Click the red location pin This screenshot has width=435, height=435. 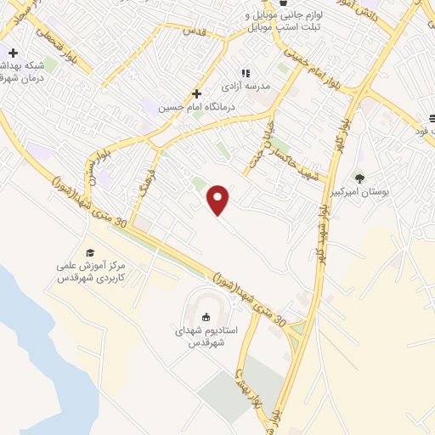[x=219, y=199]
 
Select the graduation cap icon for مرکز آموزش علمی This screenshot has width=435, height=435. [x=89, y=252]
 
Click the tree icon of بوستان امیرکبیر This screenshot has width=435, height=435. [x=359, y=178]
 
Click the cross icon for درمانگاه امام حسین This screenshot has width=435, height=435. [x=196, y=93]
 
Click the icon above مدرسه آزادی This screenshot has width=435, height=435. [x=246, y=73]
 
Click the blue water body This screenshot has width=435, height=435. [x=34, y=340]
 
